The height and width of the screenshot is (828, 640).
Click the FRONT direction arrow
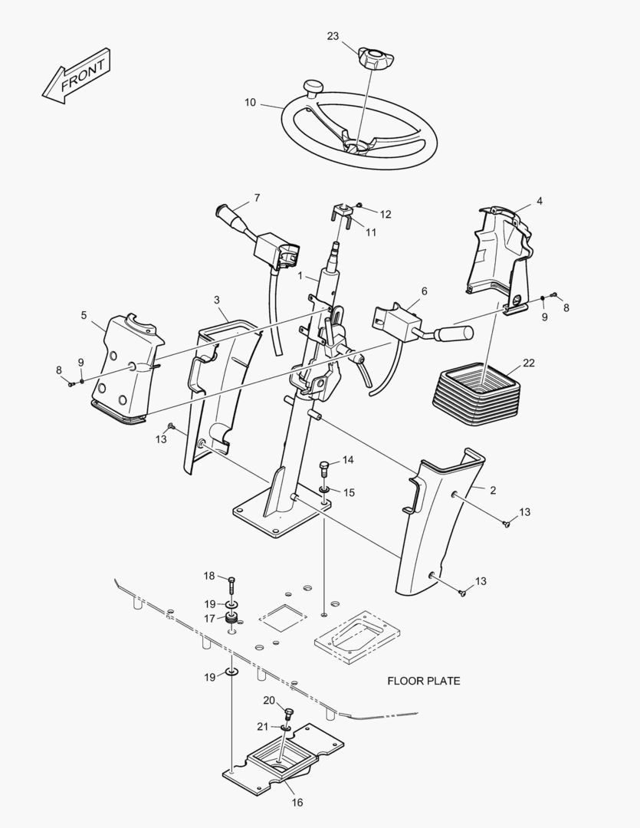(77, 76)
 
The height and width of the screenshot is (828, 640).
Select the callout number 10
(250, 103)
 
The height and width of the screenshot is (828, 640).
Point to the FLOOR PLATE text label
(424, 681)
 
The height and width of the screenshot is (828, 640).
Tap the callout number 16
(297, 802)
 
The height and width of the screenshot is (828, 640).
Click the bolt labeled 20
(288, 715)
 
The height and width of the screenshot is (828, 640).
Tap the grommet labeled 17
(231, 619)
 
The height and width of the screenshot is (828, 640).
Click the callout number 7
(258, 198)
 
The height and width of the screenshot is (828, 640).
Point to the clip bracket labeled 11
(342, 216)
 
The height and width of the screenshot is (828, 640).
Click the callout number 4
(539, 201)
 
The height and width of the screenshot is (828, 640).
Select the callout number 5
(84, 315)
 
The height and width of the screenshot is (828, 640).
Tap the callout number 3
(217, 300)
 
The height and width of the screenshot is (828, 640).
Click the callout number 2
(493, 491)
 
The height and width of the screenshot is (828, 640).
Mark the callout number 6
(424, 291)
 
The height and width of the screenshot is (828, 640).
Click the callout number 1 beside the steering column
(300, 276)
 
